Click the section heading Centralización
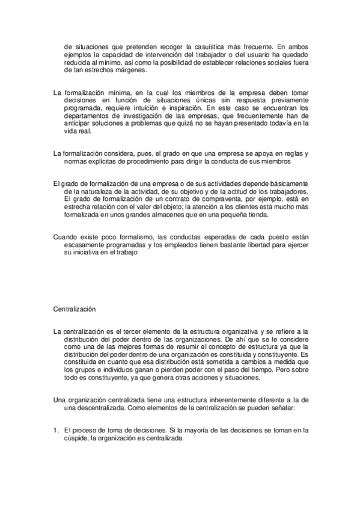tap(75, 308)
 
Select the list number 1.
tap(55, 430)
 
